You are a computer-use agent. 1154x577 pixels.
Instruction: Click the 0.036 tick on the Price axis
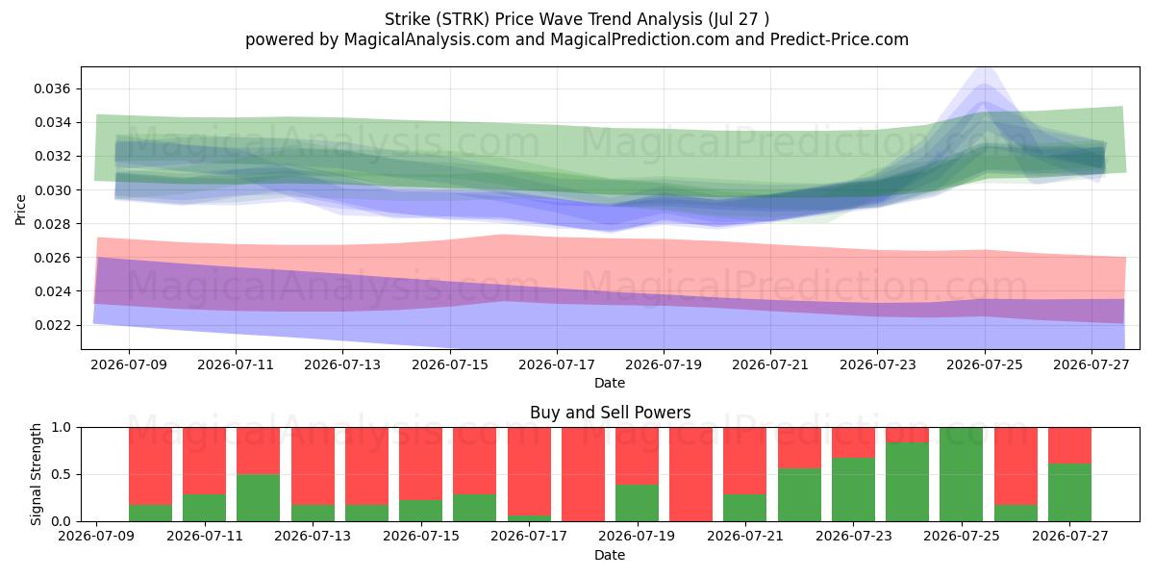pos(52,89)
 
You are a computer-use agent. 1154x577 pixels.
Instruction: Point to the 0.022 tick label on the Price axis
pos(52,326)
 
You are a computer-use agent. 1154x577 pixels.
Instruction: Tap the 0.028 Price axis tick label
pos(52,224)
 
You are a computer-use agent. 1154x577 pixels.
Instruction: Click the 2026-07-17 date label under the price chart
pos(557,364)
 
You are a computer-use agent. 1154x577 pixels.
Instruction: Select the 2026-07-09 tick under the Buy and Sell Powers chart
pos(96,537)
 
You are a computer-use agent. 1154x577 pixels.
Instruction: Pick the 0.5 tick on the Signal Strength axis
pos(62,474)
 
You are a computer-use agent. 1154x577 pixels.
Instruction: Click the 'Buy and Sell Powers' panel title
pos(610,413)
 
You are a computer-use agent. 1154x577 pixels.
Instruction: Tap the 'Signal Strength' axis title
pos(37,474)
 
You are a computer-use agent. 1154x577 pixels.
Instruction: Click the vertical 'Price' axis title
pos(20,210)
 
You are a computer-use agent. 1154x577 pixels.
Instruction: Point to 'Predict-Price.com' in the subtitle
pos(840,39)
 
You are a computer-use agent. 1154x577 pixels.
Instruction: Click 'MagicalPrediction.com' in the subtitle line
pos(640,39)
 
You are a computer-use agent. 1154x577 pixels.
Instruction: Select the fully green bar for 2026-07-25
pos(962,474)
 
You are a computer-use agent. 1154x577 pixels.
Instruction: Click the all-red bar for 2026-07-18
pos(583,474)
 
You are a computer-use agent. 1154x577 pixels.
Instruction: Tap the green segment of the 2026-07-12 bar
pos(258,498)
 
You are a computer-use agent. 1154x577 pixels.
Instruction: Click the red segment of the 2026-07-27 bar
pos(1069,445)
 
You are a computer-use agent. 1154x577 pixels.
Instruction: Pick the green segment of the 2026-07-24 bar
pos(907,482)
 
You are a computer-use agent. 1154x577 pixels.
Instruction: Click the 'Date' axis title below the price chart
pos(610,384)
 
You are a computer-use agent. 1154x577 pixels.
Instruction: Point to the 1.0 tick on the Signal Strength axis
pos(62,428)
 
